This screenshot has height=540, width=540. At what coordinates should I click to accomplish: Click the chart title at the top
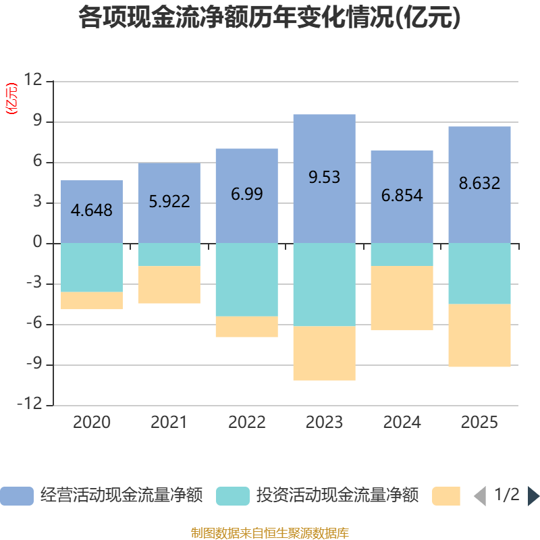point(270,18)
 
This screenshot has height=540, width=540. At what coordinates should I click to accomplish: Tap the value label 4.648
point(92,210)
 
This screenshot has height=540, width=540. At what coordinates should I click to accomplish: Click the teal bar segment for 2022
point(246,279)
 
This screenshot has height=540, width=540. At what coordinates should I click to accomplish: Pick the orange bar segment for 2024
point(402,298)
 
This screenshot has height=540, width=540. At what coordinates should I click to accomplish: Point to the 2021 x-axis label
point(169,423)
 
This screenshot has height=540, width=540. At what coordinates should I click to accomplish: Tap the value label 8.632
point(479,183)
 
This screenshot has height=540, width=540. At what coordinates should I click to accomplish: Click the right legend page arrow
point(533,495)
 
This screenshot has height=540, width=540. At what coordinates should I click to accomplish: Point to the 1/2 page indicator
point(506,495)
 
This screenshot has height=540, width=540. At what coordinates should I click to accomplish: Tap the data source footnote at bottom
point(270,533)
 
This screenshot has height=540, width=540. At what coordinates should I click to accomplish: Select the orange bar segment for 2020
point(92,300)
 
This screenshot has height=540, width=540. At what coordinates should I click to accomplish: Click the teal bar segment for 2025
point(479,273)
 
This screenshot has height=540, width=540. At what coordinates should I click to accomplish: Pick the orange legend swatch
point(446,495)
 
